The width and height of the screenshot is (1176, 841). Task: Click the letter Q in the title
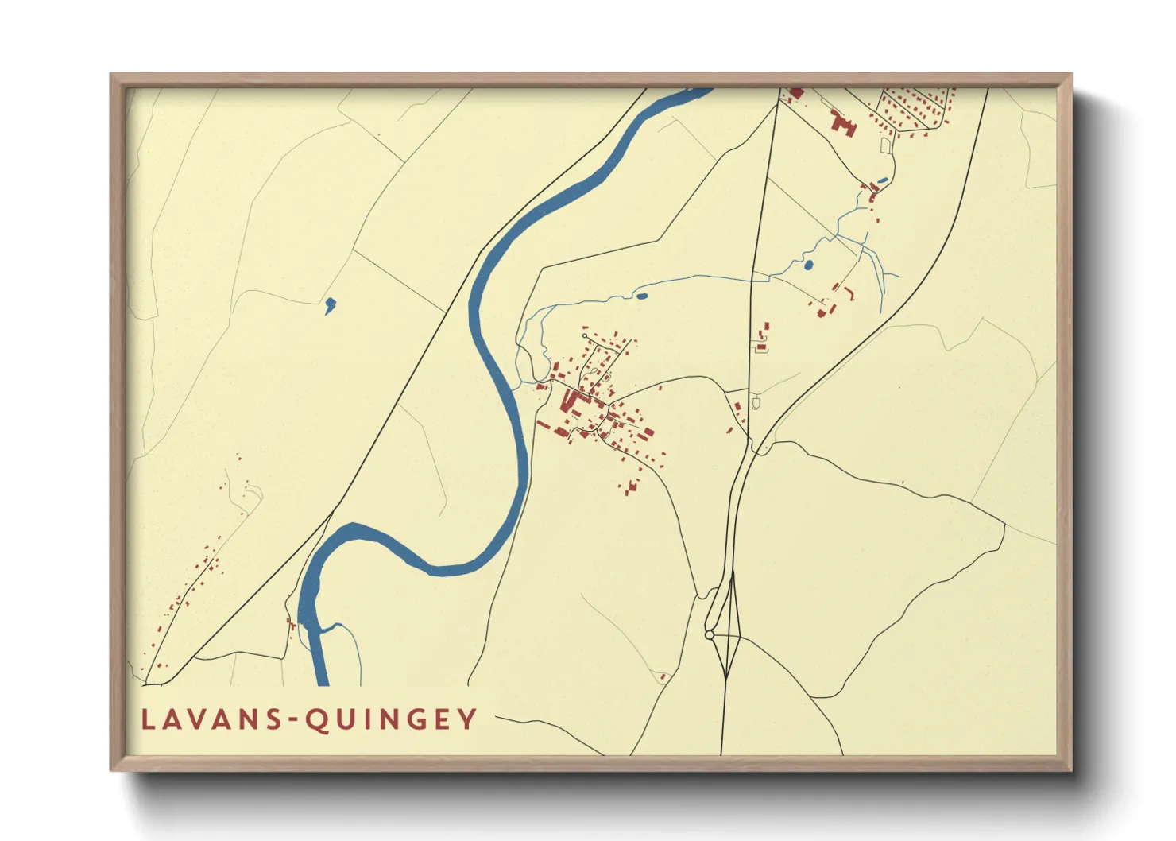317,719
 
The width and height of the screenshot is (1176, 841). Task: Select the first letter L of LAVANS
147,719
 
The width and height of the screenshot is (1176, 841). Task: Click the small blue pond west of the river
329,304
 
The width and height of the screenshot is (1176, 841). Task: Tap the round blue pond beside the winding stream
808,265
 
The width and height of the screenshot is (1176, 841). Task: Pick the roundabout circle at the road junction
709,635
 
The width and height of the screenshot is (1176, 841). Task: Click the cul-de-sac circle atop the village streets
585,337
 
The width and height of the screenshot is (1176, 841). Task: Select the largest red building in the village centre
571,399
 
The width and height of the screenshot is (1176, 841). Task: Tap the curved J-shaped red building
851,293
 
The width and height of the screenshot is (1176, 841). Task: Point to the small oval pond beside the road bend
883,180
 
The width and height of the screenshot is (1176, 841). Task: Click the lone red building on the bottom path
663,676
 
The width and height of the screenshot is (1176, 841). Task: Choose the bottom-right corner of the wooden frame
1070,769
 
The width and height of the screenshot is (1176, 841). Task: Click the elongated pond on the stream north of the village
641,296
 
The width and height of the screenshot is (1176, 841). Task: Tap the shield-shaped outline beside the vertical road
756,403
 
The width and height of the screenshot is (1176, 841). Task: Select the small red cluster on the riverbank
291,624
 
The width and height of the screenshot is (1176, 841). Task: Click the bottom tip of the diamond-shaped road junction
726,678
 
